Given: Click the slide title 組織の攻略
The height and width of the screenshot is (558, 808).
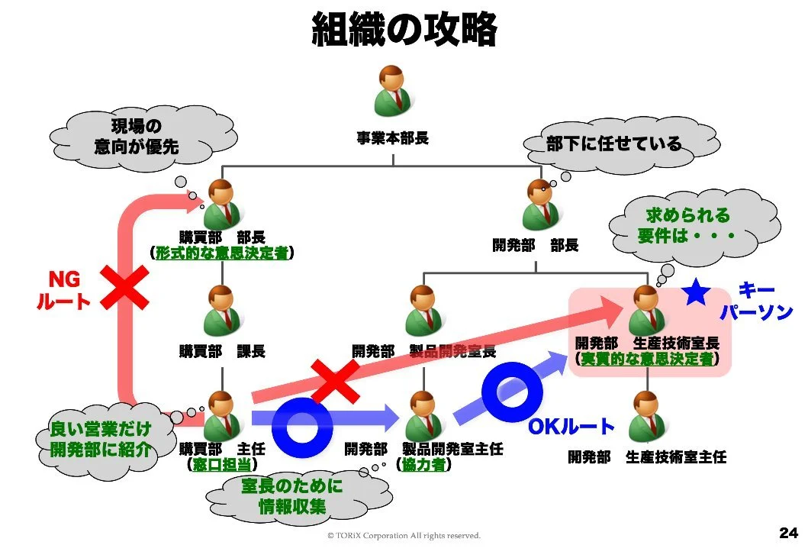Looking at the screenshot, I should tap(404, 31).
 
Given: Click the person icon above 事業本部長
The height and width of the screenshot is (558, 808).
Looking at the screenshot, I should tap(393, 92).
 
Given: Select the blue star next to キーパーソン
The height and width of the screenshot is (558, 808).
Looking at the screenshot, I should tap(695, 292).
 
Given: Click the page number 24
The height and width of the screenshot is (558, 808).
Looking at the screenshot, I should tap(788, 532).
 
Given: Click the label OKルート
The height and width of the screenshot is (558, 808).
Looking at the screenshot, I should tap(571, 427).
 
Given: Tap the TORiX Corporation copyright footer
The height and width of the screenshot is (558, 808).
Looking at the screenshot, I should tap(404, 536).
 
